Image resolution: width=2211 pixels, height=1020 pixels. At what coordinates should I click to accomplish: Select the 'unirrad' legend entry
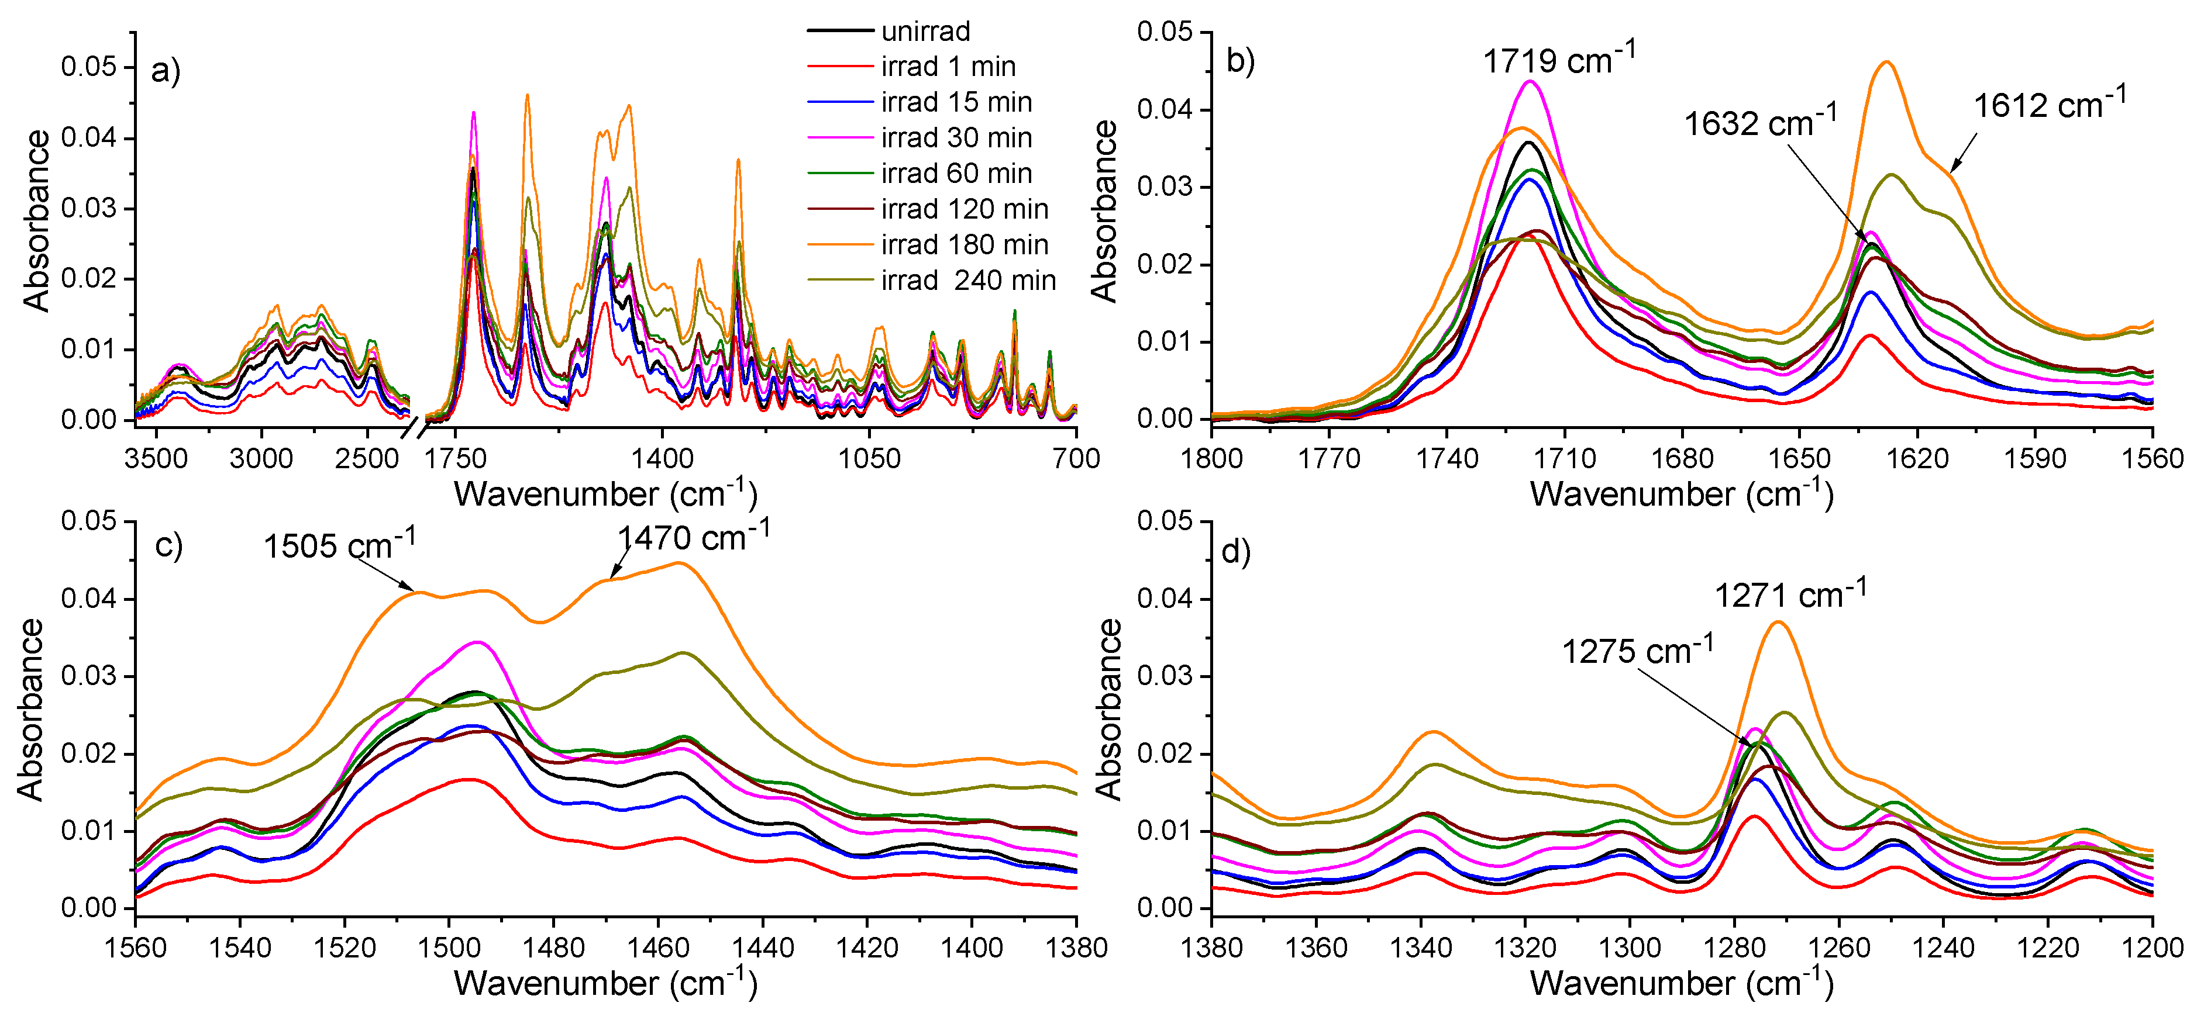tap(925, 32)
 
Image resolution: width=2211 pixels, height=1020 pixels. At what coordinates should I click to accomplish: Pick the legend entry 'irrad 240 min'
tap(968, 281)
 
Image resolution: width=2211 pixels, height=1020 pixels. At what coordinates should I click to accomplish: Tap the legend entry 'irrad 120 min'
tap(964, 209)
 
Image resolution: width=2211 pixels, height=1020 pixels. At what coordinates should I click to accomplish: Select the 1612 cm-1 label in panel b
tap(2049, 104)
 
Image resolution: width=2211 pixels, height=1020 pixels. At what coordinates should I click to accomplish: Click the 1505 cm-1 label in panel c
tap(339, 545)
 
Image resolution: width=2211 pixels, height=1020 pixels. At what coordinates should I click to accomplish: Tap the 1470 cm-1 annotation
tap(694, 536)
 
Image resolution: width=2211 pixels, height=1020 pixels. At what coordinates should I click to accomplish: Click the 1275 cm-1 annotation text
tap(1637, 650)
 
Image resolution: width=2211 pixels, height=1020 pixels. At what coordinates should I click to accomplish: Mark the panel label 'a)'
tap(165, 70)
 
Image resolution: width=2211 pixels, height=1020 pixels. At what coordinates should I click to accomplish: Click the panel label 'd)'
tap(1235, 552)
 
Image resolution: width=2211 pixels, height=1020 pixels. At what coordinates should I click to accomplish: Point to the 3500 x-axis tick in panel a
tap(156, 459)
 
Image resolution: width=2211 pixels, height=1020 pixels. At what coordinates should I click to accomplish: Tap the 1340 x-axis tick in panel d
tap(1421, 948)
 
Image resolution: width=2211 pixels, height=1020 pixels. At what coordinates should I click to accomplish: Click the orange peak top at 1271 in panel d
tap(1778, 622)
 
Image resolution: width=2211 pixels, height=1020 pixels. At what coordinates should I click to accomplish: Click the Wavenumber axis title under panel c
tap(605, 984)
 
